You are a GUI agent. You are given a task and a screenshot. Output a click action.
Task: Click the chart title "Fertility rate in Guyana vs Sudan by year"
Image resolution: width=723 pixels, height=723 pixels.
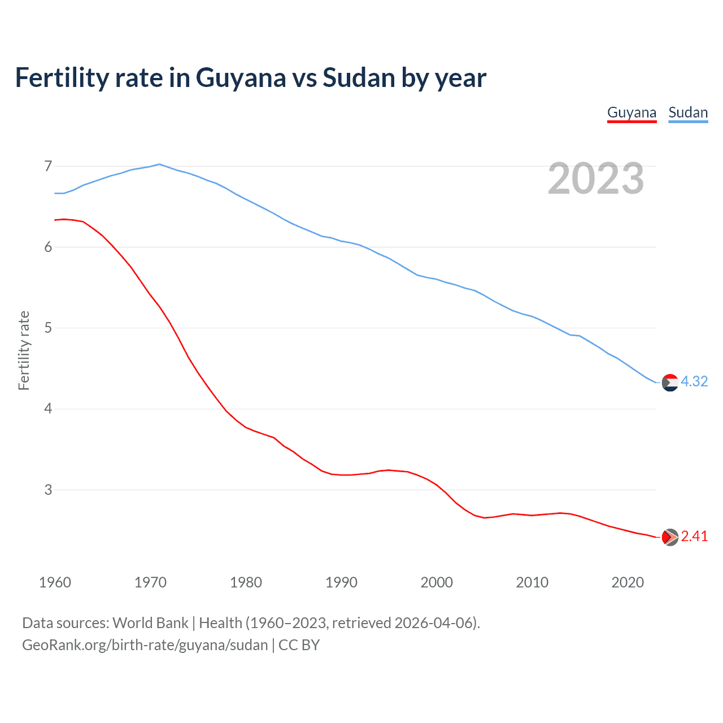[x=250, y=78]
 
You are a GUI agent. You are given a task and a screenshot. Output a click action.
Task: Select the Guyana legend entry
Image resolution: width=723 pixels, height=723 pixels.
[x=631, y=112]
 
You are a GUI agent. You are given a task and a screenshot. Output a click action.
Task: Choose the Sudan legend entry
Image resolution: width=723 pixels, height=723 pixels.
[x=688, y=112]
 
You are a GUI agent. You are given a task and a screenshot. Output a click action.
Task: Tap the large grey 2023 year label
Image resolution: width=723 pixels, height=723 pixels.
[x=595, y=178]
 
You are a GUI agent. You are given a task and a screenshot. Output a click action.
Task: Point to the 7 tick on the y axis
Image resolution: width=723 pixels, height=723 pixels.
[x=48, y=166]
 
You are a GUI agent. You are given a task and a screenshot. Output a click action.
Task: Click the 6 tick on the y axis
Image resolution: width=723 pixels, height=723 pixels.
[x=48, y=247]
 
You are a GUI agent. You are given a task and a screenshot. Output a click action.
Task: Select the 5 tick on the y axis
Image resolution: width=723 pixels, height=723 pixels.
[x=48, y=328]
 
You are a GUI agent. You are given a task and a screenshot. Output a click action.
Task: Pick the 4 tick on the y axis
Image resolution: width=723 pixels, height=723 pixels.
[x=48, y=408]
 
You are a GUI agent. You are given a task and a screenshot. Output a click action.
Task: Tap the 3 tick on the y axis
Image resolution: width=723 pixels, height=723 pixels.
[x=48, y=490]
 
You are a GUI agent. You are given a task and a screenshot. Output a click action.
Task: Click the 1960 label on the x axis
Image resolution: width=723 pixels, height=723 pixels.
[x=55, y=582]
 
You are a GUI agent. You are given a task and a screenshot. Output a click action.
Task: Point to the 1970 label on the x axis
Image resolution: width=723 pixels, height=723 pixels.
[x=150, y=582]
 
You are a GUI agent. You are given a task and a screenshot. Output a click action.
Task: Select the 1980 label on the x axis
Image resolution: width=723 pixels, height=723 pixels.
[x=246, y=582]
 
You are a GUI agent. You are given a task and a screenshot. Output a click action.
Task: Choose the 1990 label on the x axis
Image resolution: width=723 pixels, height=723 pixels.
[x=341, y=582]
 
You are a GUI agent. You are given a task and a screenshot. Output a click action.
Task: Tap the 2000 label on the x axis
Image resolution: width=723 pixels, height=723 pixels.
[x=437, y=582]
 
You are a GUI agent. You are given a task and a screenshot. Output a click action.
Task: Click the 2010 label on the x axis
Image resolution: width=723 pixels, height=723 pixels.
[x=532, y=582]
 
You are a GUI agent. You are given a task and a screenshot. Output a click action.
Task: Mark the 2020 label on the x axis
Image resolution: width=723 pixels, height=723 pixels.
[x=628, y=582]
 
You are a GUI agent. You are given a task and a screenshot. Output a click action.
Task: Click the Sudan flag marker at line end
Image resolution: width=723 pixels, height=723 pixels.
[x=670, y=382]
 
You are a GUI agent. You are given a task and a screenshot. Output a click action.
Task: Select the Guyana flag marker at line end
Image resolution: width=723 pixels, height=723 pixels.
[x=670, y=537]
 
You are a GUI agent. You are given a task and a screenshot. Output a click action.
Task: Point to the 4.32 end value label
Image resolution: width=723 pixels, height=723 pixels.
[x=694, y=382]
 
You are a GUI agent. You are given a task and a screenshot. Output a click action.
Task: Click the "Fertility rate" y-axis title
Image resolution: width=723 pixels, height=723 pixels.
[x=24, y=350]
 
